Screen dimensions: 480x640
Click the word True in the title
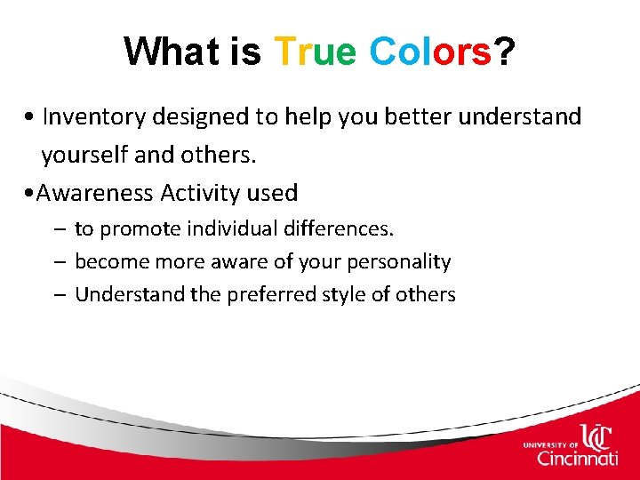click(316, 52)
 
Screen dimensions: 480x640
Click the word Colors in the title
click(429, 52)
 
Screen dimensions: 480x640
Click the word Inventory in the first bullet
click(94, 116)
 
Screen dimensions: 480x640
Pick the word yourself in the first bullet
click(83, 156)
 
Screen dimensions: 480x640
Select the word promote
click(134, 229)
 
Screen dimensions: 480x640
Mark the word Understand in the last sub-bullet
click(130, 294)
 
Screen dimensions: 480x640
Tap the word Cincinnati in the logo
click(578, 459)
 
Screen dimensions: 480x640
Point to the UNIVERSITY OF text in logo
click(551, 443)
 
